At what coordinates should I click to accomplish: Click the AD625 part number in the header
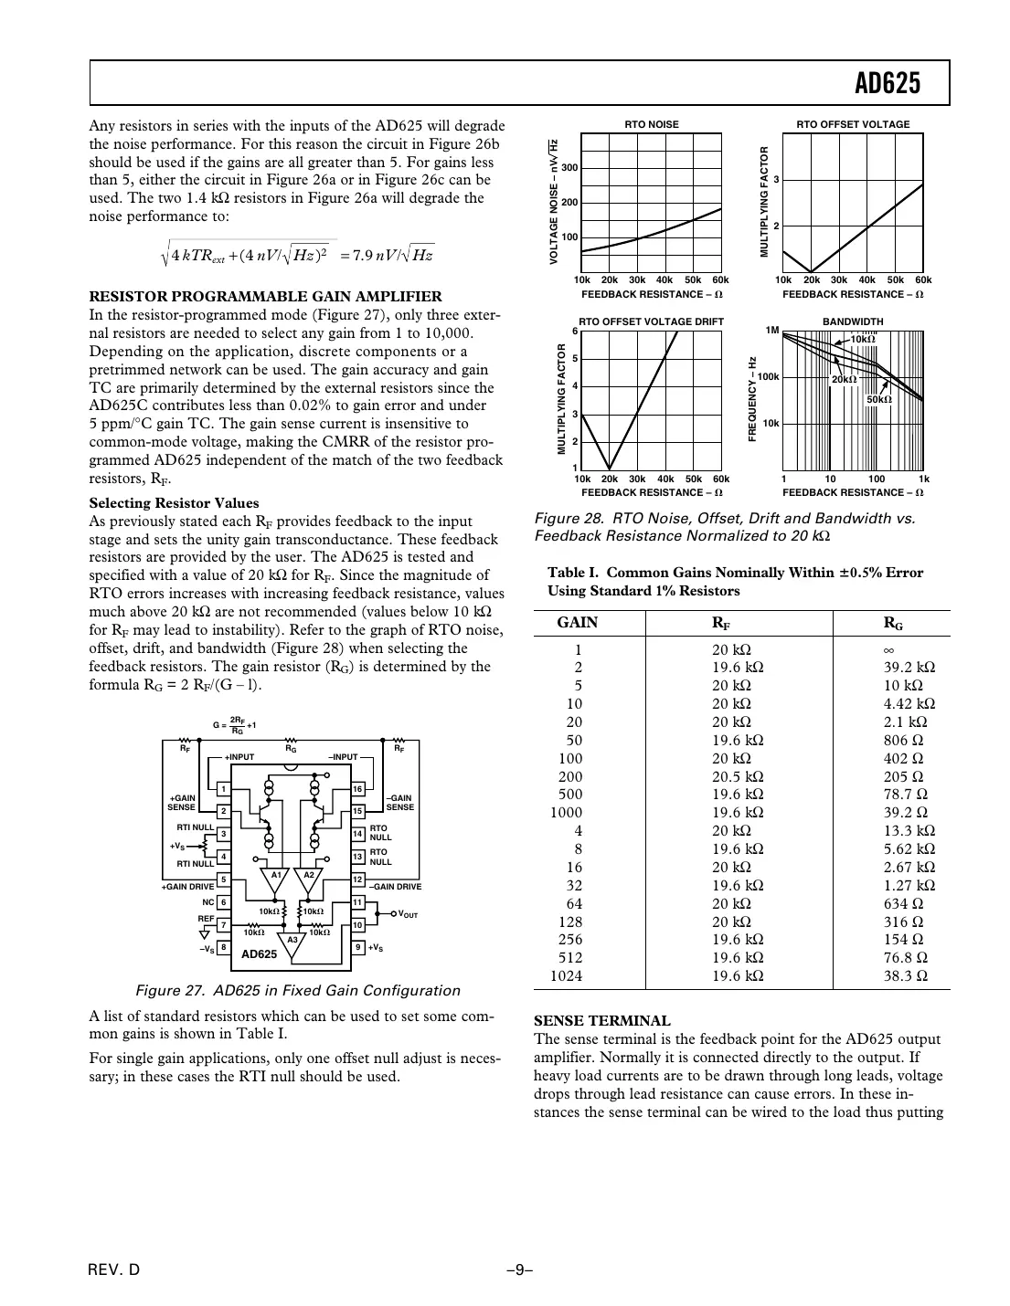click(887, 84)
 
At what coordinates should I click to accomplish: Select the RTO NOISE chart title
click(651, 124)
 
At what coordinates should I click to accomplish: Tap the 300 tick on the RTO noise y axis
click(569, 168)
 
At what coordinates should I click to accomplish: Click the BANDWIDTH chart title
click(852, 321)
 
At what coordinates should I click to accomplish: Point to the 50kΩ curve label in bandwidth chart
click(878, 399)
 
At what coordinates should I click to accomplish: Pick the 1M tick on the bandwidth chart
click(771, 331)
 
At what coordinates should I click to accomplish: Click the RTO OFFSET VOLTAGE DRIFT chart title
click(651, 321)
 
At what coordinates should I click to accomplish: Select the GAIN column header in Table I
click(578, 623)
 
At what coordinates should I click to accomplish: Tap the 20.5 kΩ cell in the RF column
click(738, 776)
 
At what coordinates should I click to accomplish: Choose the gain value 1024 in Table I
click(566, 975)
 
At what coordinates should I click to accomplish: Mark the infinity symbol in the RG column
click(888, 649)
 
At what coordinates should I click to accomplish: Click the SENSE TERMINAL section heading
click(601, 1021)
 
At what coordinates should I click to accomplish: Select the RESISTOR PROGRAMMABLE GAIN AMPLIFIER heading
click(265, 297)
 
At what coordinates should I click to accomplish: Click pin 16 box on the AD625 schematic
click(358, 789)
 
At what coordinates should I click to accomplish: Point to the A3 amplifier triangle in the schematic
click(292, 943)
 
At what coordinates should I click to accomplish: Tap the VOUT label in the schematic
click(408, 914)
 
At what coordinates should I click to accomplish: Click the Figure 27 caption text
click(297, 991)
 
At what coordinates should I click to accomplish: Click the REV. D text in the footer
click(114, 1269)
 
